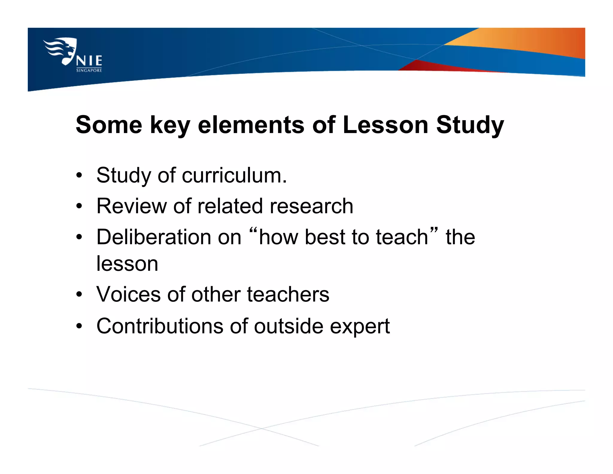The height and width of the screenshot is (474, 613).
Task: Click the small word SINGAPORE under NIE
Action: [x=89, y=70]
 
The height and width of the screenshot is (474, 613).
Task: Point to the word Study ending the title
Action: [x=470, y=125]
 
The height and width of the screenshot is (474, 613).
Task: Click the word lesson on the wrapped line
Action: [x=127, y=264]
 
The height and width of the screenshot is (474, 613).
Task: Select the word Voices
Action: [x=128, y=294]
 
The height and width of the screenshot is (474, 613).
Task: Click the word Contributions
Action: [x=160, y=326]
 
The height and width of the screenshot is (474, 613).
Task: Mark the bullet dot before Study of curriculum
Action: [x=79, y=175]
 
